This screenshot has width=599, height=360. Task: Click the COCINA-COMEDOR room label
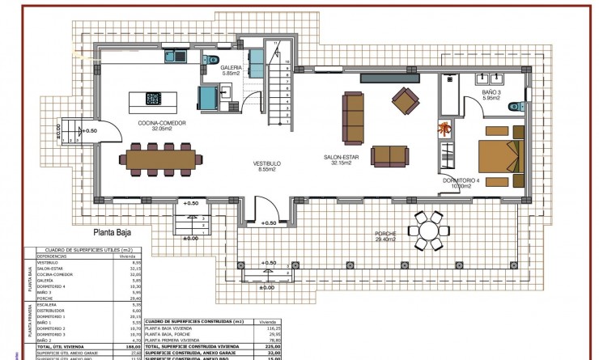(162, 123)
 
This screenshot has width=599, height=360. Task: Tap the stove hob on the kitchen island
(153, 99)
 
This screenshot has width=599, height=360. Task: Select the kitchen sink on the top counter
(176, 57)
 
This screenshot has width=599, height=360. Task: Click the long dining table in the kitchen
(162, 158)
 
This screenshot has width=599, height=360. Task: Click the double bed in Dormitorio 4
(495, 156)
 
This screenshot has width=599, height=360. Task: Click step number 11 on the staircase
(276, 42)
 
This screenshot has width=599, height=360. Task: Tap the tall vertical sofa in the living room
(353, 115)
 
